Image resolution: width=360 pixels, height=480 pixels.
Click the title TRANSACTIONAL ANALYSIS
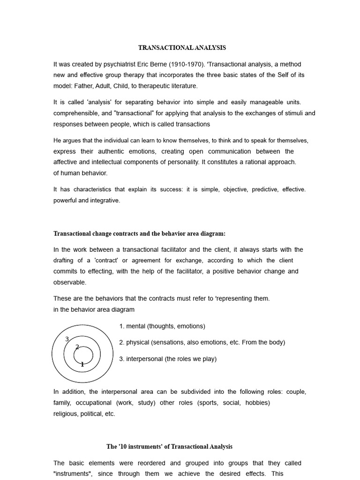coord(182,48)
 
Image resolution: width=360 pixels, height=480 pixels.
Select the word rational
coord(246,162)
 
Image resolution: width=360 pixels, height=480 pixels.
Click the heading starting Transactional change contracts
coord(139,234)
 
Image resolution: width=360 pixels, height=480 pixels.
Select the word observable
coord(70,282)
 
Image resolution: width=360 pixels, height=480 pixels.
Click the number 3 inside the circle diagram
coord(67,339)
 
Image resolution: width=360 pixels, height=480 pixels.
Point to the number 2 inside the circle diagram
coord(77,347)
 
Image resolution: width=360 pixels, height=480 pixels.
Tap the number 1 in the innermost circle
coord(82,364)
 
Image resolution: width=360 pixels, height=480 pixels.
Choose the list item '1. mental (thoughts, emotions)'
coord(162,326)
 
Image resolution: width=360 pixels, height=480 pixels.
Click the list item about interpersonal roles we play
coord(168,359)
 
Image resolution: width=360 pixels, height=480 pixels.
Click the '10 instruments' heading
coord(169,447)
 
